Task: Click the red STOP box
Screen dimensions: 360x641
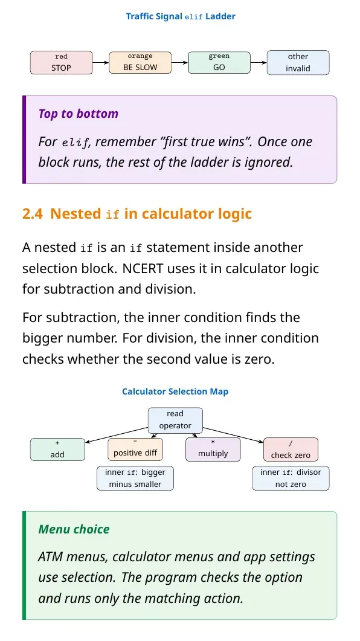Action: click(x=61, y=63)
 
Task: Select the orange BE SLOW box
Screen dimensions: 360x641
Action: click(x=140, y=63)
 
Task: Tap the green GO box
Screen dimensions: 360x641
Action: click(x=219, y=63)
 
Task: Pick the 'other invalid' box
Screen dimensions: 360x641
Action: click(x=298, y=63)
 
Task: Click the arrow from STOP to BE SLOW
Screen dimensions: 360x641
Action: click(x=101, y=63)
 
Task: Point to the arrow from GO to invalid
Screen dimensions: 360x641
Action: click(x=259, y=63)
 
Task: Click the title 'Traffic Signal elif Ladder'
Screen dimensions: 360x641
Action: click(x=181, y=17)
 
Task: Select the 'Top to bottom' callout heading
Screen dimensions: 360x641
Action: click(x=78, y=114)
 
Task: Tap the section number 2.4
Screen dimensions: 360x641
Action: click(x=32, y=214)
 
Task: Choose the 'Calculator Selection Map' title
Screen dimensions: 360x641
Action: click(x=175, y=391)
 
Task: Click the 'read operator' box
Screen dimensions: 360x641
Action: click(x=175, y=420)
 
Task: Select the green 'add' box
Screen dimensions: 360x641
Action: click(x=57, y=449)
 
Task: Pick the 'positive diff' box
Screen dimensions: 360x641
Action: click(x=135, y=449)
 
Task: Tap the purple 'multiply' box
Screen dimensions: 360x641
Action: click(x=213, y=449)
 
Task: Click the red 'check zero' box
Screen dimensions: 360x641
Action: click(x=291, y=449)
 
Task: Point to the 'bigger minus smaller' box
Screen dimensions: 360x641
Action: click(x=135, y=478)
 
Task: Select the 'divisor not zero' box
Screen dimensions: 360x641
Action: click(x=291, y=478)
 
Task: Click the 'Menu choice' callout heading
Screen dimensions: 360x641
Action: click(x=74, y=529)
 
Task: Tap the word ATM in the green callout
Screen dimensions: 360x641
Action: click(x=50, y=557)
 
